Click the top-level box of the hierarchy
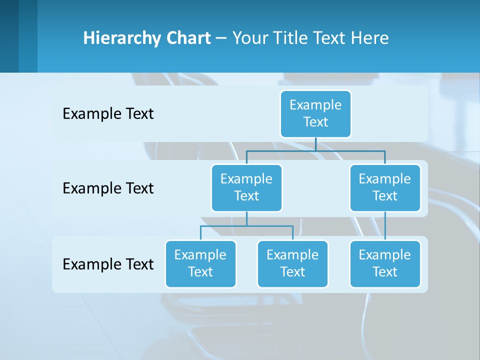tap(315, 113)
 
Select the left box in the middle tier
tap(246, 187)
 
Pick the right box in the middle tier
tap(385, 187)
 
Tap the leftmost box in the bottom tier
tap(200, 263)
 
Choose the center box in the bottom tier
tap(292, 263)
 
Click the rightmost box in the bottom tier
tap(385, 263)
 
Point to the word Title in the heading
tap(291, 38)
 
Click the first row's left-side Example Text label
tap(108, 114)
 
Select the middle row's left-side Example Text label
tap(108, 188)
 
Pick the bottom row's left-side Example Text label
tap(108, 264)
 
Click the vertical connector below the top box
tap(315, 144)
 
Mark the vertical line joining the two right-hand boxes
tap(385, 226)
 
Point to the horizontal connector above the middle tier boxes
tap(315, 150)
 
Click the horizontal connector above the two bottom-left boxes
tap(246, 226)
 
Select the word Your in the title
tap(250, 38)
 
